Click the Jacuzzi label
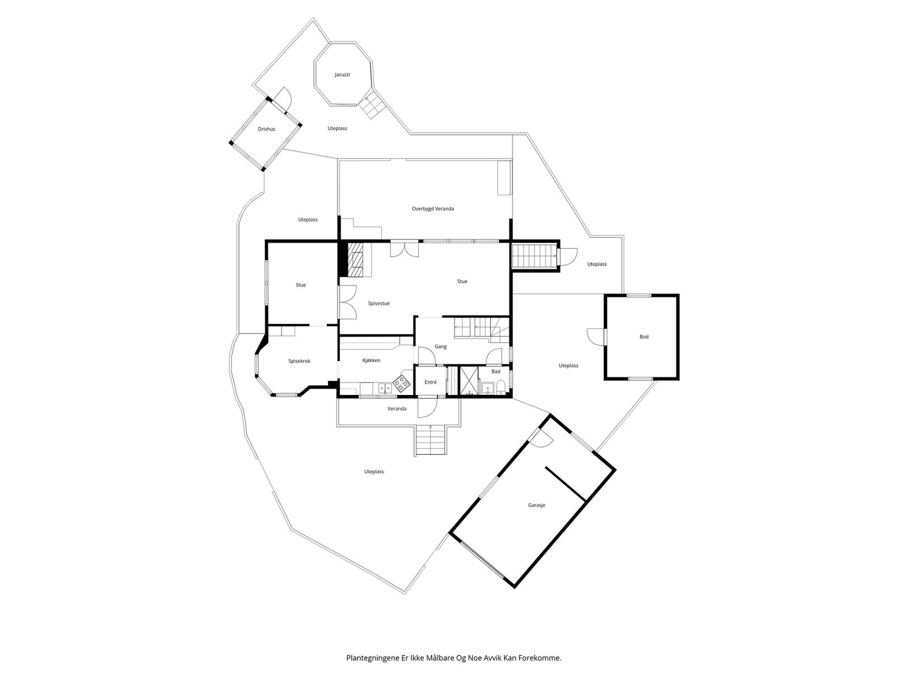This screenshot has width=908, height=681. click(342, 74)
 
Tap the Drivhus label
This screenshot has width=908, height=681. click(266, 129)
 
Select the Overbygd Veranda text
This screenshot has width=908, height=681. click(432, 209)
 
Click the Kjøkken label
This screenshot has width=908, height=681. click(371, 360)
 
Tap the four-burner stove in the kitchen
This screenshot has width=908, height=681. click(402, 384)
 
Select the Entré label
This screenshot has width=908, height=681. click(430, 382)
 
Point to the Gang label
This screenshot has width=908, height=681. click(440, 347)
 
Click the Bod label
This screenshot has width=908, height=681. click(644, 337)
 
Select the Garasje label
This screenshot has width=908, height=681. click(536, 505)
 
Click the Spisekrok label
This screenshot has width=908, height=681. click(299, 361)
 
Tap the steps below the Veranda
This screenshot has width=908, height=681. click(431, 441)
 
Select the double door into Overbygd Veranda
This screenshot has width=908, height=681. click(405, 249)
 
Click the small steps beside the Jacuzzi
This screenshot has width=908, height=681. click(373, 107)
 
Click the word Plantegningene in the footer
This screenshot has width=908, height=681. click(373, 659)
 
